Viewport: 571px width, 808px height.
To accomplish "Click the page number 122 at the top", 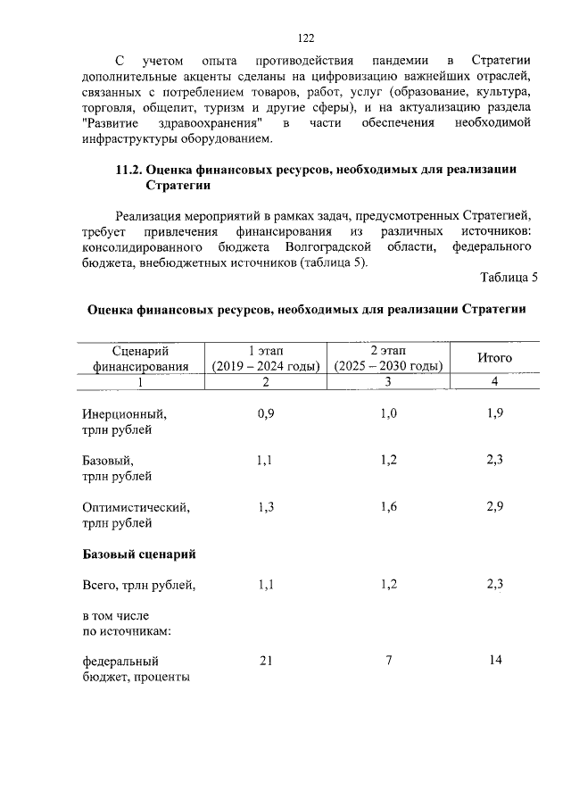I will click(x=305, y=37).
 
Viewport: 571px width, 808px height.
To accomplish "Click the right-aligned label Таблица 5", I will click(x=509, y=278).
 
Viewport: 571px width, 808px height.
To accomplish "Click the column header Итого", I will click(x=494, y=357).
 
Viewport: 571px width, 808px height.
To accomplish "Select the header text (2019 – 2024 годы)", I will click(x=265, y=366).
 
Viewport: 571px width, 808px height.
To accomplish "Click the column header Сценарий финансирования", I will click(x=140, y=358).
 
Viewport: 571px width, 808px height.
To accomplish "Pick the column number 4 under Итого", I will click(x=494, y=382).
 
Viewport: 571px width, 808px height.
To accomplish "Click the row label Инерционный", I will click(x=124, y=415).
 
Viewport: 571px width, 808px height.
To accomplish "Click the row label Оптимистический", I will click(x=136, y=507).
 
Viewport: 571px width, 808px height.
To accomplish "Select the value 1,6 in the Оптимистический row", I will click(x=388, y=507).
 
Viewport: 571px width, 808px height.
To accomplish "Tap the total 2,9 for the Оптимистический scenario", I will click(x=495, y=507).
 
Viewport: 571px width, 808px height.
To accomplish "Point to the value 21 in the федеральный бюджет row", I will click(x=265, y=661).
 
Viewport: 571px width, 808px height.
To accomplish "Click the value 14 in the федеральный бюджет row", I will click(x=495, y=661).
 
